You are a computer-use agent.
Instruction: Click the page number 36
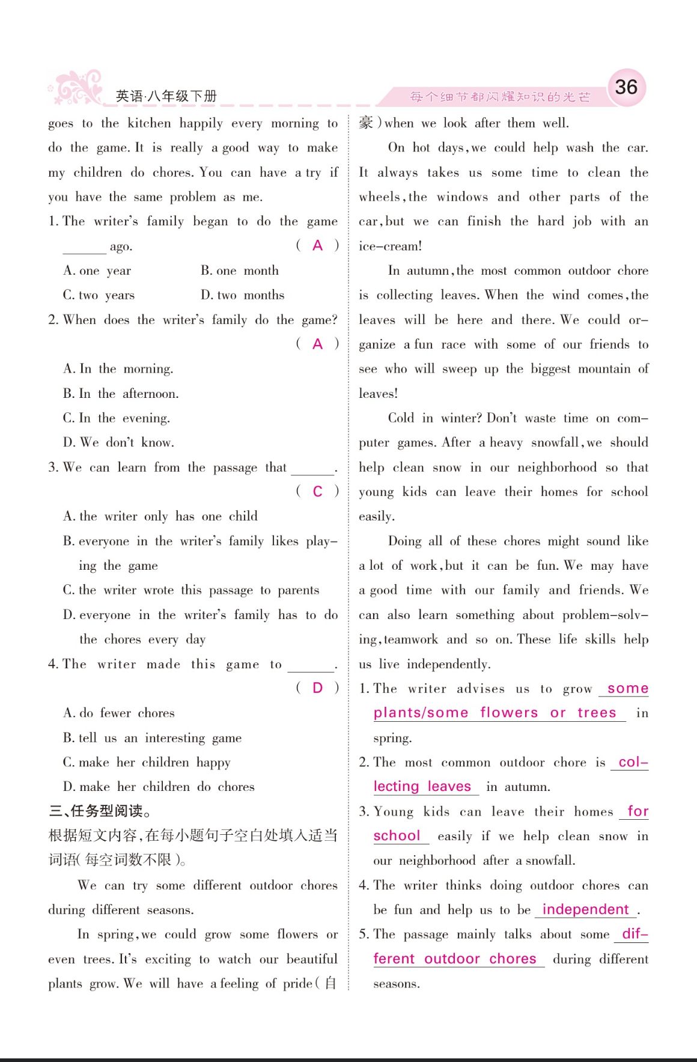626,87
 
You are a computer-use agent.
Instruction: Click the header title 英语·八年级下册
166,96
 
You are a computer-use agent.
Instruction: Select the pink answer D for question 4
317,688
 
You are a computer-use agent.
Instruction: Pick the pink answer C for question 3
317,492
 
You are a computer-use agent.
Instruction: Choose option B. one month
239,270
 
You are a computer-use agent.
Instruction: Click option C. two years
99,295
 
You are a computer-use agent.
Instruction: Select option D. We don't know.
118,442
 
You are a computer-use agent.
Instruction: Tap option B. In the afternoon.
121,394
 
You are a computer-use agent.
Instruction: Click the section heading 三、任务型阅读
100,811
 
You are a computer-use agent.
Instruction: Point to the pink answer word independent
585,909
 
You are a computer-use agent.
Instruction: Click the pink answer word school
397,835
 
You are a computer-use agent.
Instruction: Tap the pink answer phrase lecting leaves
422,786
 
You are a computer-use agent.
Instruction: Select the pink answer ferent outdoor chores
454,959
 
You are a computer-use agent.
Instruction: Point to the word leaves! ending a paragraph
378,394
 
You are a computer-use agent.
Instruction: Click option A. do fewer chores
119,713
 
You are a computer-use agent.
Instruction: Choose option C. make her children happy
147,762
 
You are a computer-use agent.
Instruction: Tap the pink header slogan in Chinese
500,97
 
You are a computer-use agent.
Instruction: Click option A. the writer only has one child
160,516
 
